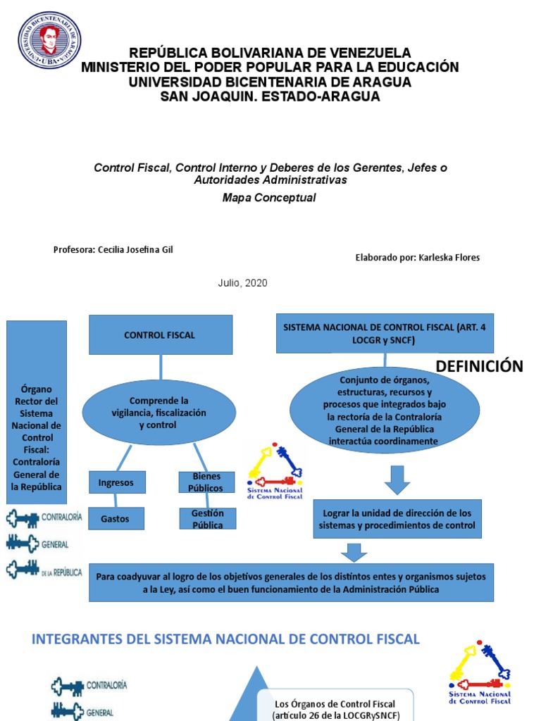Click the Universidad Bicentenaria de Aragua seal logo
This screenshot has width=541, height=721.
(x=49, y=40)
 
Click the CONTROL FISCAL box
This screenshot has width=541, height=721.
(x=160, y=334)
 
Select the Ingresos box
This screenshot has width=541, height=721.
(x=116, y=482)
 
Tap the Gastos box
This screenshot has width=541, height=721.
(x=116, y=518)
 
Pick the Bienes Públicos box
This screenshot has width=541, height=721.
(x=206, y=482)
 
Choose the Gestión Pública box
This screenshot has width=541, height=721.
(x=207, y=519)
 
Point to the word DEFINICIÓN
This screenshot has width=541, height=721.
(x=480, y=366)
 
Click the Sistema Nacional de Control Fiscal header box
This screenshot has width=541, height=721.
(x=384, y=333)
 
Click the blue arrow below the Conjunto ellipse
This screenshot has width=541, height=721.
(x=398, y=480)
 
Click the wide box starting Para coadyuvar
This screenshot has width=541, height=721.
(x=292, y=582)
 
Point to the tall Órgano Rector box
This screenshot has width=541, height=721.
(x=37, y=412)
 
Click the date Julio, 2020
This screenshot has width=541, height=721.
(x=242, y=283)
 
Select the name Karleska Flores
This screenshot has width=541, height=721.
(x=449, y=258)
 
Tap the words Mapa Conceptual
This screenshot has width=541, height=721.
(x=269, y=198)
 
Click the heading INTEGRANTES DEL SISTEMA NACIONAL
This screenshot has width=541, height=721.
(x=226, y=639)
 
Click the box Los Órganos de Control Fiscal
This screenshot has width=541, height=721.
(x=335, y=708)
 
